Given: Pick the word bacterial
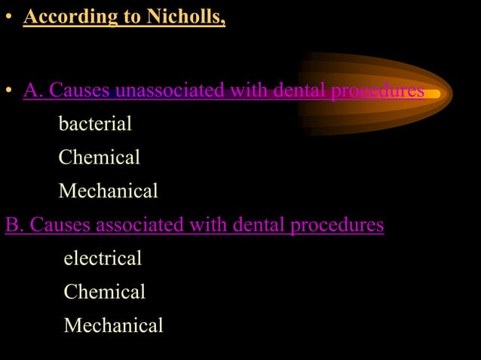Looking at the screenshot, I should pos(95,124).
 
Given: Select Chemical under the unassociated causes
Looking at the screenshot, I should pos(99,157).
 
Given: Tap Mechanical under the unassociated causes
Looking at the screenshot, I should pos(108,191).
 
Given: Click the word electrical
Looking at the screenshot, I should pos(103,258).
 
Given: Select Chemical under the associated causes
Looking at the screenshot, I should pos(104,291).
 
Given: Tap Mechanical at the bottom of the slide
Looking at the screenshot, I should pos(113,325).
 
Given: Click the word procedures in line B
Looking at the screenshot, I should pos(337,224).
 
